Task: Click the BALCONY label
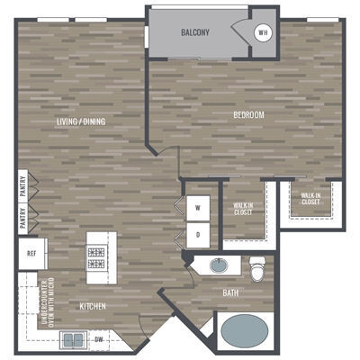coord(195,32)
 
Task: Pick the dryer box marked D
coord(198,234)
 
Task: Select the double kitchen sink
coord(73,339)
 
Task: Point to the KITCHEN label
coord(93,307)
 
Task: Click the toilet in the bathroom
coord(258,267)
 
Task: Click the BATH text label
coord(230,293)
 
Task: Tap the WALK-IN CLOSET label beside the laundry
coord(243,209)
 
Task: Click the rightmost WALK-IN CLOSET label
coord(310,198)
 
